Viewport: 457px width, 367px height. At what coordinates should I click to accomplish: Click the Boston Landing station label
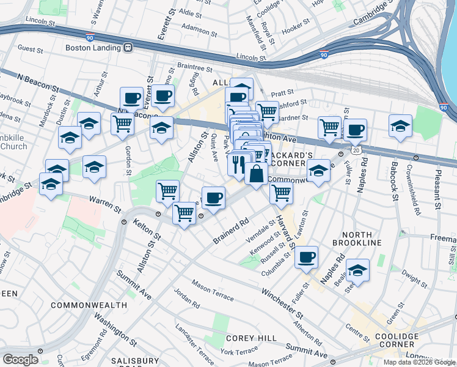92,47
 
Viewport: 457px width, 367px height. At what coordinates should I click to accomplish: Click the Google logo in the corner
20,359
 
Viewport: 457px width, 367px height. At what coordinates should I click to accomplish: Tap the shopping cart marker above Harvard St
281,193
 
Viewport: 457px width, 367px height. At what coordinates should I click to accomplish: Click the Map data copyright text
419,362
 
